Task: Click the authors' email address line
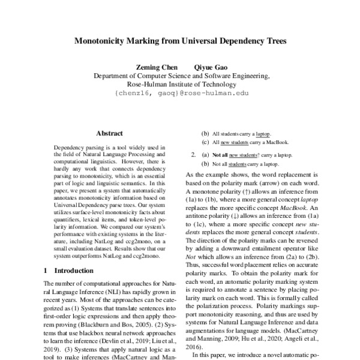click(180, 94)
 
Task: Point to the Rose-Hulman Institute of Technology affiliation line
click(180, 85)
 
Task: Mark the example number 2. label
click(194, 154)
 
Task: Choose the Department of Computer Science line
click(180, 76)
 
